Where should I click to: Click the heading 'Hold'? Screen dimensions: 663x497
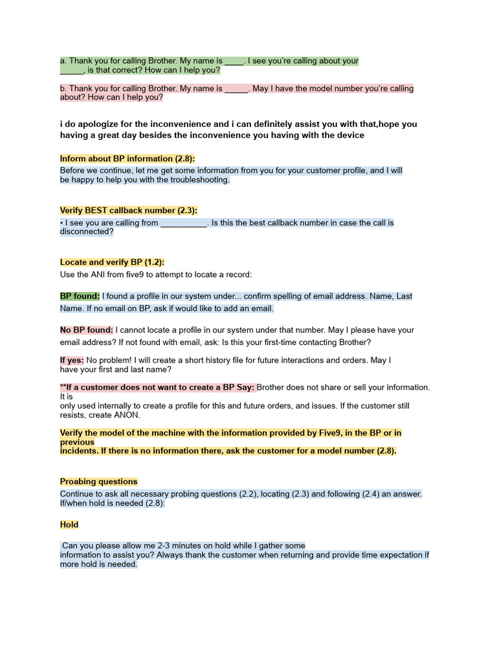(x=69, y=524)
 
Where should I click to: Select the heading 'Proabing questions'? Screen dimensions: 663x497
(x=98, y=482)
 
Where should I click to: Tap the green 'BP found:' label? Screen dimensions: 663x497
(x=80, y=296)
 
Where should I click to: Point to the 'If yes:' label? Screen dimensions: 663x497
(x=72, y=360)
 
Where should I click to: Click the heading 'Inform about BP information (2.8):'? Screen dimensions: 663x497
(x=127, y=159)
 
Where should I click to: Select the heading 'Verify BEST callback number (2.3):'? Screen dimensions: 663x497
(x=129, y=210)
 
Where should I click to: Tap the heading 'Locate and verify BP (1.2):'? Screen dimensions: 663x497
(x=112, y=262)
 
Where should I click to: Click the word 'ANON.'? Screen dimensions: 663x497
(x=128, y=415)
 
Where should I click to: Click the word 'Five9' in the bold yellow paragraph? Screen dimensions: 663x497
(x=317, y=433)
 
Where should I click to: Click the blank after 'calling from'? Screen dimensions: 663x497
(x=183, y=223)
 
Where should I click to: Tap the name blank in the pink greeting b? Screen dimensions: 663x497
(x=236, y=89)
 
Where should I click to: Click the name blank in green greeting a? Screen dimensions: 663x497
(x=234, y=61)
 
